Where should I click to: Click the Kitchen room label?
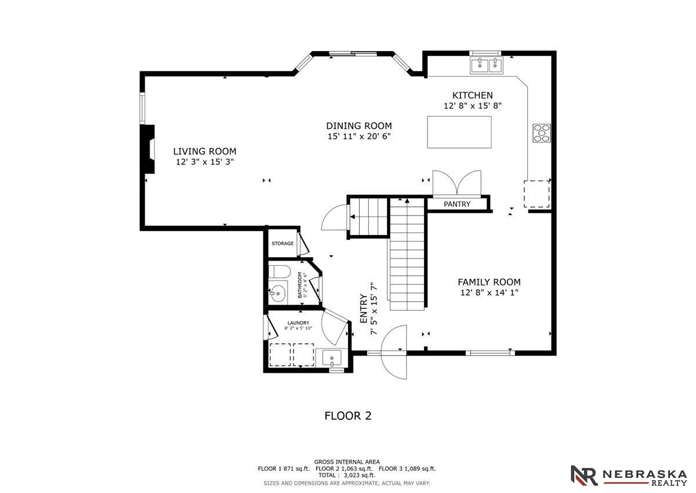click(x=472, y=95)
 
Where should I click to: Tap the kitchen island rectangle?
click(x=459, y=132)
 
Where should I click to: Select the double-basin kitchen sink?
click(x=486, y=66)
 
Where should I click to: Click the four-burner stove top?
click(x=542, y=133)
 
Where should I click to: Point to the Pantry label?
click(x=457, y=204)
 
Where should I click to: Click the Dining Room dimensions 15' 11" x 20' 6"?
click(x=359, y=136)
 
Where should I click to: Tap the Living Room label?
click(x=205, y=152)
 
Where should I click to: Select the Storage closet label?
click(x=282, y=243)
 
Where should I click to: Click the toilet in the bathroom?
click(x=279, y=272)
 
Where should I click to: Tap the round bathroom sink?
click(x=277, y=293)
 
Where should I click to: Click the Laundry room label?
click(x=298, y=323)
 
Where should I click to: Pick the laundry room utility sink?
click(x=332, y=358)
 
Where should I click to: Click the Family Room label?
click(x=489, y=282)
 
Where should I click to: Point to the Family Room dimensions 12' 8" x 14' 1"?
click(x=490, y=293)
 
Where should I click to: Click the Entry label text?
click(x=364, y=308)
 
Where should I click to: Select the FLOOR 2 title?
click(x=348, y=416)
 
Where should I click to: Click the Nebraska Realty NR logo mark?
click(x=584, y=475)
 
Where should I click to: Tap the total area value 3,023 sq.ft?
click(x=359, y=475)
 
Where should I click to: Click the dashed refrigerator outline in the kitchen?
click(x=537, y=194)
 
